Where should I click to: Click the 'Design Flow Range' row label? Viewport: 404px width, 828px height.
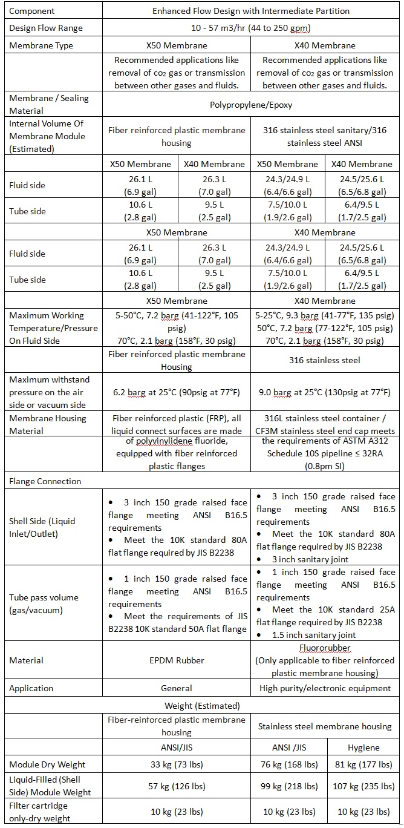46,28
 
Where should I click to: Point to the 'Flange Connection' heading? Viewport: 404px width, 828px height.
45,481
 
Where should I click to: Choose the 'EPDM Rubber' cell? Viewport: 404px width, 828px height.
177,660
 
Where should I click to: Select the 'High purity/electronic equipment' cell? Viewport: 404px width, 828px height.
325,688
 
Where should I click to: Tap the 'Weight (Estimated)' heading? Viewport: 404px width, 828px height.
202,705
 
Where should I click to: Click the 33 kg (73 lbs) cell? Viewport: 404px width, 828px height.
177,764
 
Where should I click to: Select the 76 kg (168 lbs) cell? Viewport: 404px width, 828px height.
288,764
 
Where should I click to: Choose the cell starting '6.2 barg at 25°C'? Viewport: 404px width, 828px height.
177,392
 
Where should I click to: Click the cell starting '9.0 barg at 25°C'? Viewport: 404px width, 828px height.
325,392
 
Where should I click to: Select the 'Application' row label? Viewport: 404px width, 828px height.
31,688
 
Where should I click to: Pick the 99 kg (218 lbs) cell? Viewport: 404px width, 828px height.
288,786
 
